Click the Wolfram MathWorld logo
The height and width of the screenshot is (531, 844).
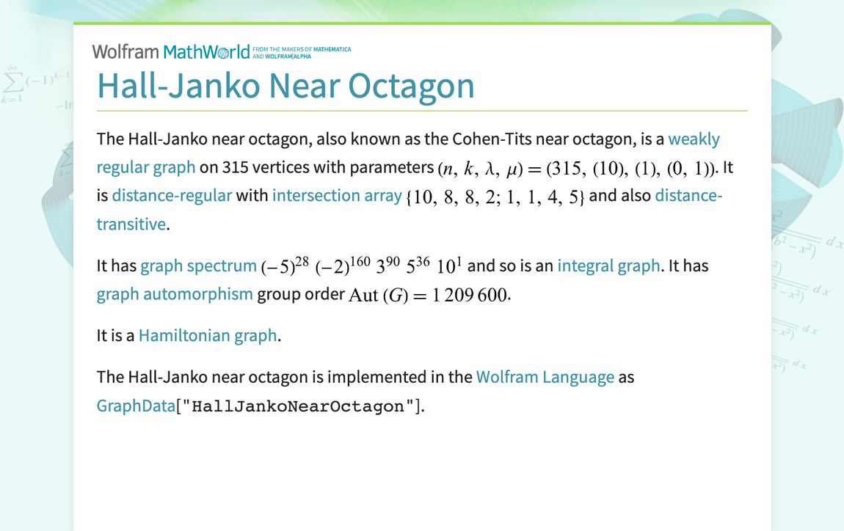click(x=171, y=51)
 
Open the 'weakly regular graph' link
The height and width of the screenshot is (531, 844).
click(x=694, y=139)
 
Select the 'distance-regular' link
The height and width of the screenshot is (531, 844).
click(x=172, y=196)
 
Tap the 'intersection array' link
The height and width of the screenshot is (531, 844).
click(x=337, y=196)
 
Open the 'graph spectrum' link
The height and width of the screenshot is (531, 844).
click(x=198, y=266)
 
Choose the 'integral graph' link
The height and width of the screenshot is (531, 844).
click(x=608, y=266)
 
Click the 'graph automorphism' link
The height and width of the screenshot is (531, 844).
click(x=175, y=295)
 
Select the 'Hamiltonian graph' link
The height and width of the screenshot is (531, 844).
click(x=208, y=336)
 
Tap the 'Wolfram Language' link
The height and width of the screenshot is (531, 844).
click(x=545, y=378)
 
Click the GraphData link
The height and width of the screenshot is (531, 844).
click(x=136, y=406)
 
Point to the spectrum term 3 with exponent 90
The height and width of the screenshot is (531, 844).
click(x=388, y=266)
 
